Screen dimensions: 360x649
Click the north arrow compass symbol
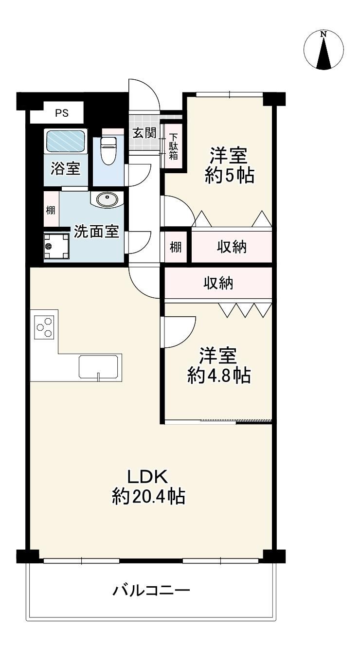tap(324, 50)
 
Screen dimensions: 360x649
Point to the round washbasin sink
tap(107, 199)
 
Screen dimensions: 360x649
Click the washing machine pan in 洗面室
tap(56, 246)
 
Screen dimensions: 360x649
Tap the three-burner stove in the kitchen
tap(44, 327)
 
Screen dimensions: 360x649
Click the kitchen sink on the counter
tap(99, 366)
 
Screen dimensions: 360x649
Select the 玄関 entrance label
tap(144, 133)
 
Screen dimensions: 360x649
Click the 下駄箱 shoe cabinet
tap(174, 146)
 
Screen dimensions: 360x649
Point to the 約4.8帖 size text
tap(218, 376)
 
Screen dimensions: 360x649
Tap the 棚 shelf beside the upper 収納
tap(176, 247)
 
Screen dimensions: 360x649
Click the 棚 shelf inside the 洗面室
tap(51, 210)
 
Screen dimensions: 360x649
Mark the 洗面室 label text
tap(96, 232)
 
